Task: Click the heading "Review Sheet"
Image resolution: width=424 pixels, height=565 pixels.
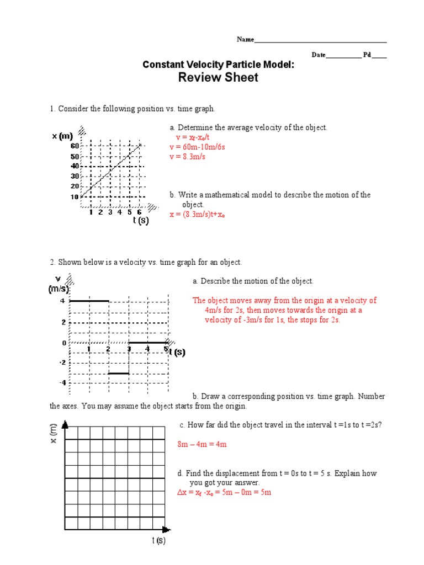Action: click(x=218, y=78)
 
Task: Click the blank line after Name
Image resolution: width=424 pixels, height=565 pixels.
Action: click(x=320, y=41)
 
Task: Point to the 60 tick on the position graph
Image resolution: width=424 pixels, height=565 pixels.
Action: click(x=74, y=146)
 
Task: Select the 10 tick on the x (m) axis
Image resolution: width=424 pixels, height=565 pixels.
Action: click(x=74, y=196)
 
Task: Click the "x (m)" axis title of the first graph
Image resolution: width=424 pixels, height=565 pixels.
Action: click(x=62, y=136)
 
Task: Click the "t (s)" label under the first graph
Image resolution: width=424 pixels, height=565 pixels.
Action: click(x=141, y=220)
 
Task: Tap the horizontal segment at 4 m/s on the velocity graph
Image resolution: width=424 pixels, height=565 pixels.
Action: click(x=89, y=301)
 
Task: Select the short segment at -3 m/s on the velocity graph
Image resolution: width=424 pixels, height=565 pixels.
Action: click(x=118, y=374)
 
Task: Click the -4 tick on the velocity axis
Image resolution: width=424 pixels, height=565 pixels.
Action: click(x=63, y=382)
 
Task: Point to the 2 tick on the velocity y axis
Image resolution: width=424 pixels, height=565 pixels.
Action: click(x=64, y=322)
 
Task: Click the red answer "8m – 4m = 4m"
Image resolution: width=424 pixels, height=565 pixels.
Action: click(x=202, y=444)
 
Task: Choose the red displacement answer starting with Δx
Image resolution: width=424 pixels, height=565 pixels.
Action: click(x=224, y=492)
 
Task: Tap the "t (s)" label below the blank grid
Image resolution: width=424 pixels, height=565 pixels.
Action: click(x=158, y=541)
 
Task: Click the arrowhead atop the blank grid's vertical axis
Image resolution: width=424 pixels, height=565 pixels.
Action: click(x=65, y=424)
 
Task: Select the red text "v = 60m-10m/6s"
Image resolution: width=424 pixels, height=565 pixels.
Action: click(x=197, y=147)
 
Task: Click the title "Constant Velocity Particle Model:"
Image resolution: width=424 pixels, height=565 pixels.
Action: click(x=218, y=65)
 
